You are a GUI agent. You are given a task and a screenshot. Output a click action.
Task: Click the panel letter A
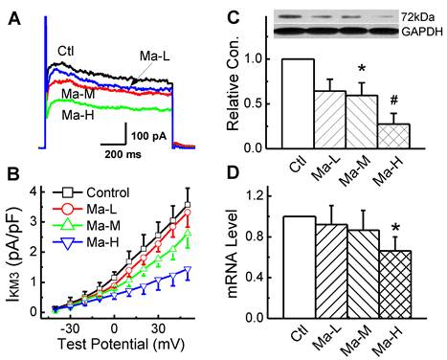click(x=11, y=12)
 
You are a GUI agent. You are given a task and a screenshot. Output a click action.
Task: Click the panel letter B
click(x=11, y=175)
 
